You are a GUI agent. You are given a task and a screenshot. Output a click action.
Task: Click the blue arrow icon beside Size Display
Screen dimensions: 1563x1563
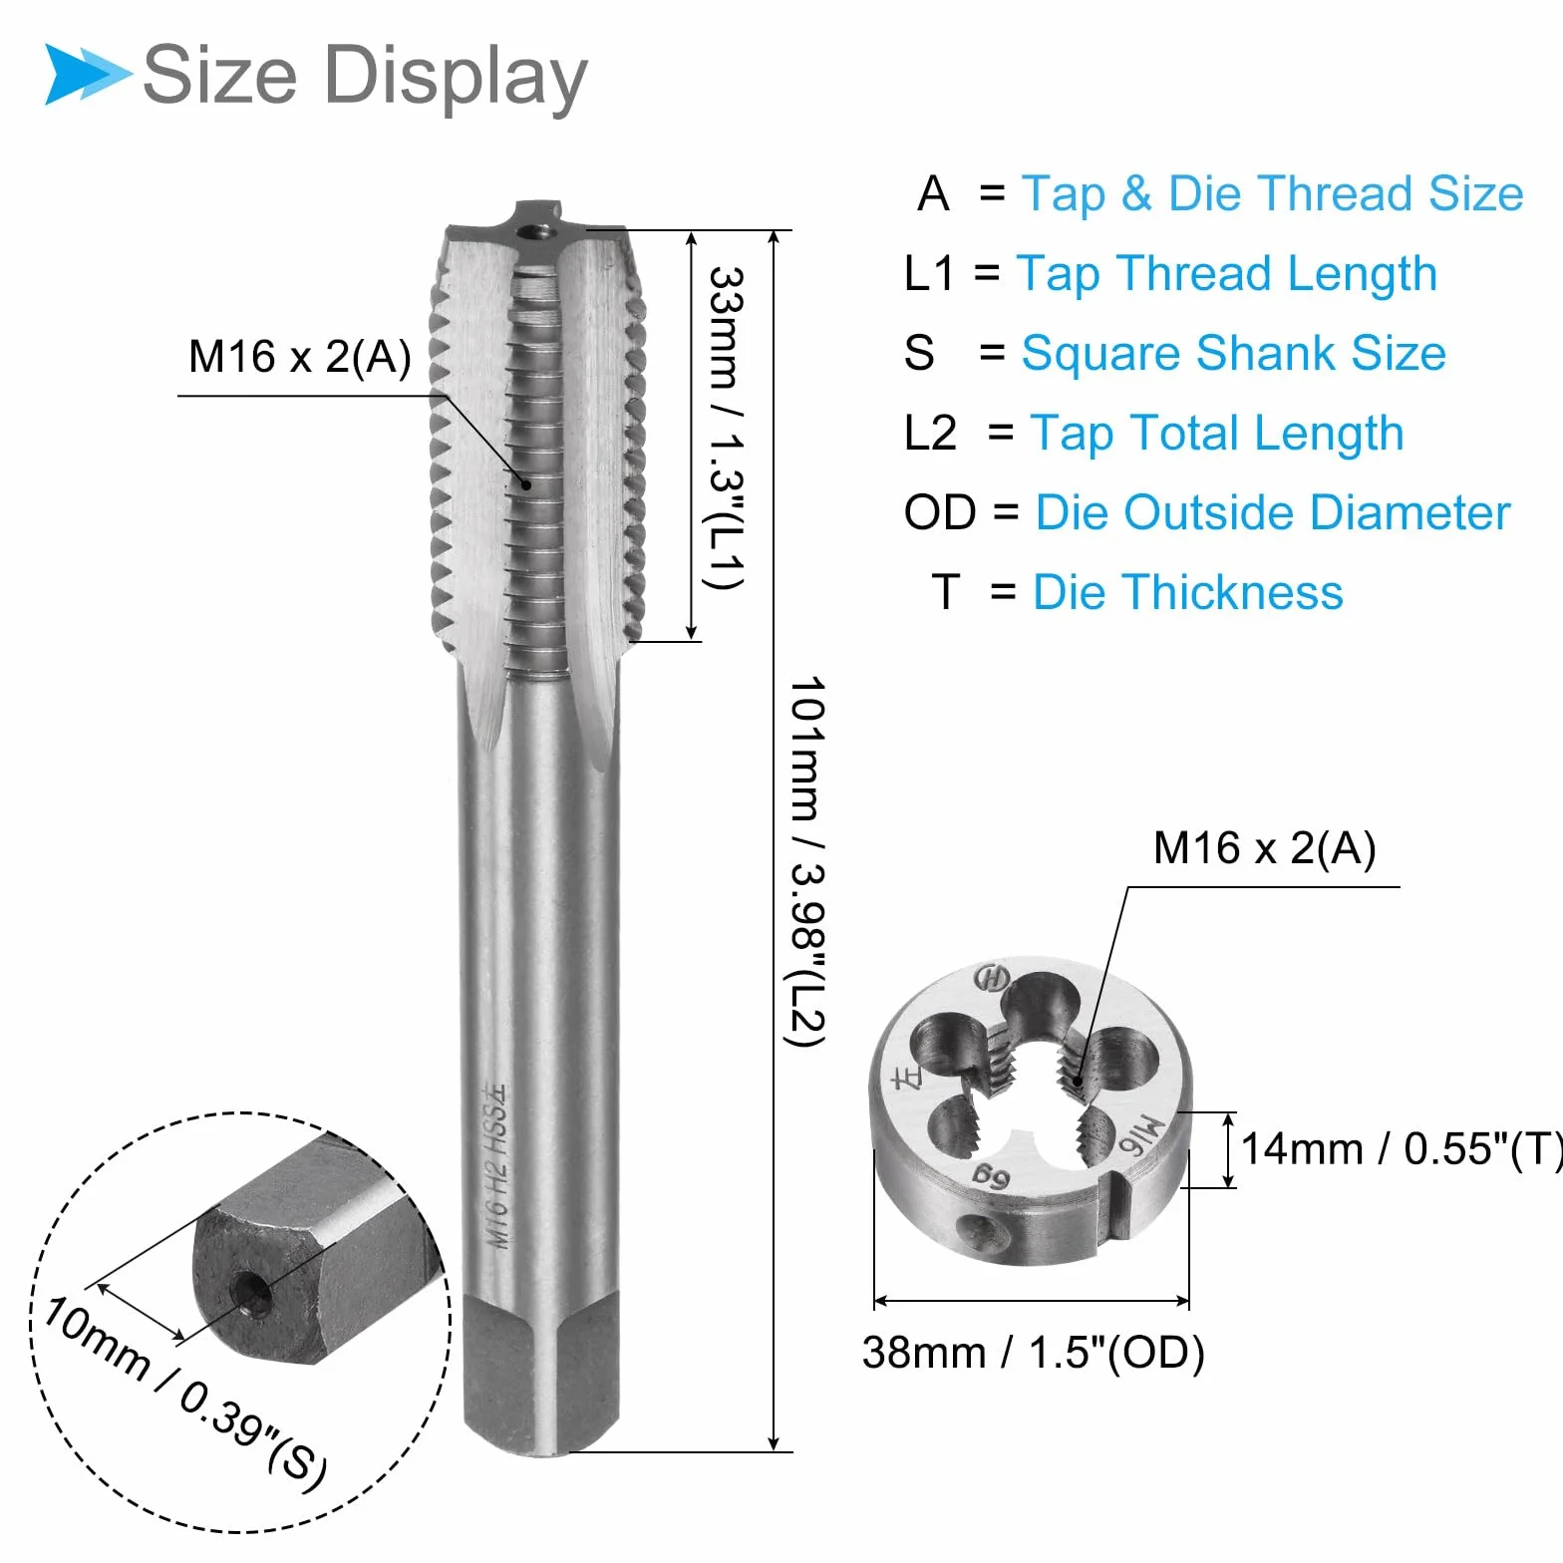click(88, 74)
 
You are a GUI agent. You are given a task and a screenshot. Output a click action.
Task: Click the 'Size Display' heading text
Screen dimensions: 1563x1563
click(365, 77)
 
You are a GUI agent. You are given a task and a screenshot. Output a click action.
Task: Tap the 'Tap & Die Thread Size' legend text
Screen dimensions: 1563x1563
click(1272, 193)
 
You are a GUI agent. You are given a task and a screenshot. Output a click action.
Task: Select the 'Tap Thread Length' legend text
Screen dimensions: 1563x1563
click(1226, 274)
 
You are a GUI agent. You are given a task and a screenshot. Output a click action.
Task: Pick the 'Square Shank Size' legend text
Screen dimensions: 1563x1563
click(1233, 353)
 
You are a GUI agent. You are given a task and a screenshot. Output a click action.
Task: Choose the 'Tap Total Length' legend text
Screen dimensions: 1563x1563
click(1216, 434)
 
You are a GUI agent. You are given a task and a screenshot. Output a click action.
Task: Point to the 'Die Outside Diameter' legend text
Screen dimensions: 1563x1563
click(1273, 512)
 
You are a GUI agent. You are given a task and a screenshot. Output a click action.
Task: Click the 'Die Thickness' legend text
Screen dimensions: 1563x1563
click(1187, 592)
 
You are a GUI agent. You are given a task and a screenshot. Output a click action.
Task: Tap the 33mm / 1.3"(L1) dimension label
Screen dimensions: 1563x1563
click(726, 428)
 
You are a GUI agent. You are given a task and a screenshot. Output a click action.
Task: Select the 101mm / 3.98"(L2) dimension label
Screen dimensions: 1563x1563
click(806, 862)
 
